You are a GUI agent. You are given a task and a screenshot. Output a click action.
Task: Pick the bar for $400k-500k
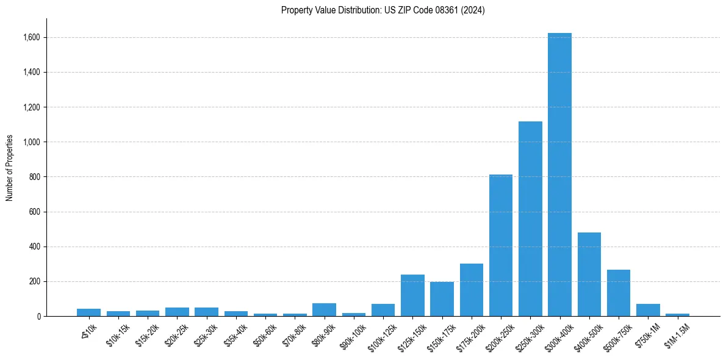pos(589,274)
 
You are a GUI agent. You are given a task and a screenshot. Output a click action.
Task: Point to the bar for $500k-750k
pos(618,293)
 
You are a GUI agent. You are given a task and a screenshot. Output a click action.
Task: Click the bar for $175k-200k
pos(472,290)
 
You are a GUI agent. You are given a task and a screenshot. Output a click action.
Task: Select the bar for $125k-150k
pos(412,295)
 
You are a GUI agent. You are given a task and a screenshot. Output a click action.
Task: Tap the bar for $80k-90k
pos(324,309)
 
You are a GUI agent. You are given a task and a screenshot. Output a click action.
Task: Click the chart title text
pos(383,10)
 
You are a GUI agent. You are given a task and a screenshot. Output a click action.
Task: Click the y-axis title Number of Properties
pos(10,168)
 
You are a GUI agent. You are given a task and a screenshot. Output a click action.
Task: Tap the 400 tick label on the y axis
pos(34,247)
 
